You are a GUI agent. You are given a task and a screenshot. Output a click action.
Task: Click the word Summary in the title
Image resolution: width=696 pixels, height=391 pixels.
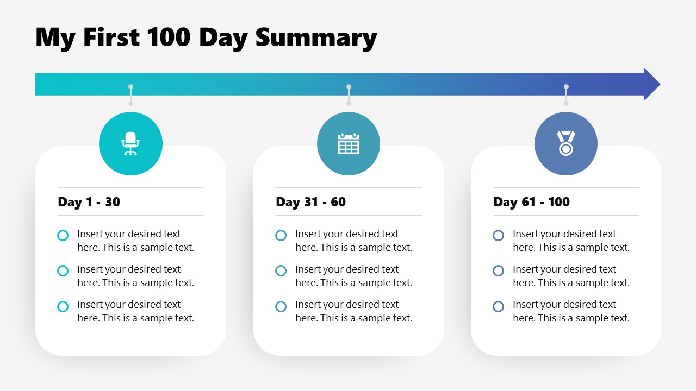(x=316, y=38)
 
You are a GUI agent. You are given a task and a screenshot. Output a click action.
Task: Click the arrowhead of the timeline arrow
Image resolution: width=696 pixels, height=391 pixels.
(x=651, y=84)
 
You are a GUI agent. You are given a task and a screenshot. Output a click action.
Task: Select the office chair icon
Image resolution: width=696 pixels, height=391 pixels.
(x=130, y=144)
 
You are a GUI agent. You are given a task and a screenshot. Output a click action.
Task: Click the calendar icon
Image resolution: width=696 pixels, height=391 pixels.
(x=349, y=144)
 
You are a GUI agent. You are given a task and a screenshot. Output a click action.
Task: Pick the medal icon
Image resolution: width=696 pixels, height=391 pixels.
(x=566, y=144)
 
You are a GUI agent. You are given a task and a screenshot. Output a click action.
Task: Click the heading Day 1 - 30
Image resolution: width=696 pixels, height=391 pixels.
(x=89, y=202)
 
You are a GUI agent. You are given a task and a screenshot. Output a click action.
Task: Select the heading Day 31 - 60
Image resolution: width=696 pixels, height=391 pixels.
(x=310, y=202)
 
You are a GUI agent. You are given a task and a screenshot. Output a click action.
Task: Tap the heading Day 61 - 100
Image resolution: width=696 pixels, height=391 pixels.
(x=531, y=202)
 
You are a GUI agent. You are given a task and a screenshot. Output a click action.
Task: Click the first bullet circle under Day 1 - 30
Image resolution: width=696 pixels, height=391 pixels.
(x=63, y=235)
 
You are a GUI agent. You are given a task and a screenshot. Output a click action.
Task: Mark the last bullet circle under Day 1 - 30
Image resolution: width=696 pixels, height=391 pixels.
(x=63, y=306)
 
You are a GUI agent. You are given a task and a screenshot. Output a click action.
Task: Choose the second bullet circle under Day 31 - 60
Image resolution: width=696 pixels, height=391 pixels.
(x=281, y=270)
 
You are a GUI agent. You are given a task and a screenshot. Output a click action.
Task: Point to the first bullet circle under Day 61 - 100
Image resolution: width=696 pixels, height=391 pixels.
(x=499, y=235)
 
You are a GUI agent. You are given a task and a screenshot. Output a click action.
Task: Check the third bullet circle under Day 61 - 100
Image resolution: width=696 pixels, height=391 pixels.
(x=499, y=306)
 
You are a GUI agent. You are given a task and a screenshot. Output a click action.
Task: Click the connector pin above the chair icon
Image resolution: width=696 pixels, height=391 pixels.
(x=130, y=95)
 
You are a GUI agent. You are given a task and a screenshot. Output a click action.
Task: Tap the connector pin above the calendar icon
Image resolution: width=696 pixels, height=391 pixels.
(x=349, y=95)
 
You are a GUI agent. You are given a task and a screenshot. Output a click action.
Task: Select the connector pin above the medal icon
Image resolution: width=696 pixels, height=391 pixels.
(x=566, y=95)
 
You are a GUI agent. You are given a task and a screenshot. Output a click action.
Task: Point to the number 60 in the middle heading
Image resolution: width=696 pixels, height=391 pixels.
(x=338, y=202)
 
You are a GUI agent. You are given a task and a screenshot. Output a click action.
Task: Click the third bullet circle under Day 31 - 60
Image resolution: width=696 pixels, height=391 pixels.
(x=281, y=306)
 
